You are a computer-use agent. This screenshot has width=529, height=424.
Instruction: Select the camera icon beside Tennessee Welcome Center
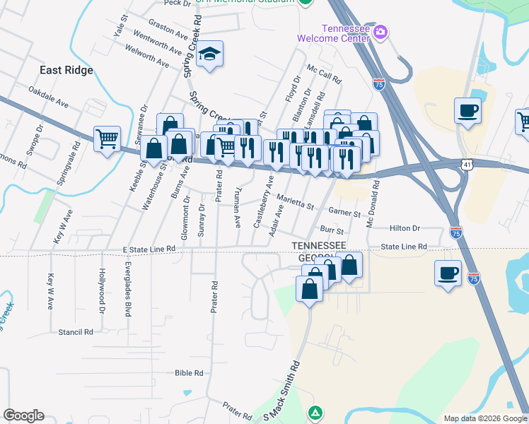click(x=380, y=31)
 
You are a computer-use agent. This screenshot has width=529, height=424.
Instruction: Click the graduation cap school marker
click(x=209, y=54)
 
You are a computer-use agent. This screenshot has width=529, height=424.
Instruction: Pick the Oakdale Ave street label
click(x=48, y=97)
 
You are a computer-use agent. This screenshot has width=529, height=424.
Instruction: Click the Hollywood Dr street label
click(x=102, y=292)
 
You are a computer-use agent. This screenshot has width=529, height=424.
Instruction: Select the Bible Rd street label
click(x=189, y=372)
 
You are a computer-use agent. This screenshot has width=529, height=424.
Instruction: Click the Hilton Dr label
click(x=405, y=228)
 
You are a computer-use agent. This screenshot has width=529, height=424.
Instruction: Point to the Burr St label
click(x=331, y=230)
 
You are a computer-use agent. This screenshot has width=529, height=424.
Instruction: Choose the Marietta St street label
click(x=295, y=201)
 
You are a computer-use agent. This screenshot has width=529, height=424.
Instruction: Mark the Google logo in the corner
click(x=23, y=416)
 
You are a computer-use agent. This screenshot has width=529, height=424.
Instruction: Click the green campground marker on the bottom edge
click(x=315, y=412)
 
